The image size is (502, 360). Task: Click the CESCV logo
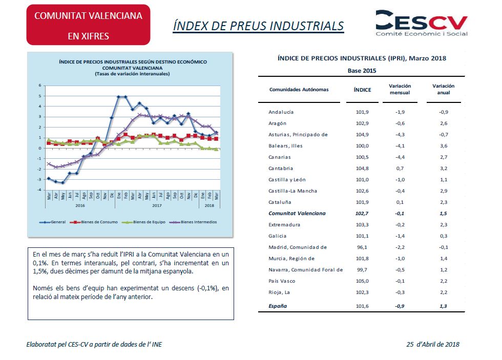(x=421, y=23)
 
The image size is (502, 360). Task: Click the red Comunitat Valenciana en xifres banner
(x=88, y=25)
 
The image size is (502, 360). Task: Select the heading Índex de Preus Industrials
(x=258, y=26)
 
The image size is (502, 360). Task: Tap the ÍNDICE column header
(x=363, y=90)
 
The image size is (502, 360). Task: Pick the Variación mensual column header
(x=400, y=89)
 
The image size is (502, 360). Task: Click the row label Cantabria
(x=281, y=168)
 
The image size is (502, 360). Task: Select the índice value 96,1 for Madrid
(x=362, y=247)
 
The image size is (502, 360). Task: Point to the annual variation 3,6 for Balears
(x=444, y=145)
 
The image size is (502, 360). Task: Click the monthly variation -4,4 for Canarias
(x=400, y=157)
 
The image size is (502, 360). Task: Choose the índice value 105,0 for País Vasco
(x=363, y=281)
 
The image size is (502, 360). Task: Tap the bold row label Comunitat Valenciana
(x=297, y=214)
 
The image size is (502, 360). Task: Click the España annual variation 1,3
(x=443, y=306)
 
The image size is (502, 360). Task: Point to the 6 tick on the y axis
(x=40, y=86)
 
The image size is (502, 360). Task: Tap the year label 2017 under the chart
(x=157, y=205)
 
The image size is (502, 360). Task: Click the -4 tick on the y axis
(x=39, y=190)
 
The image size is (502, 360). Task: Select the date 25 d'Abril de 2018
(x=433, y=344)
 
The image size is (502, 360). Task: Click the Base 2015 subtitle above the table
(x=362, y=71)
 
